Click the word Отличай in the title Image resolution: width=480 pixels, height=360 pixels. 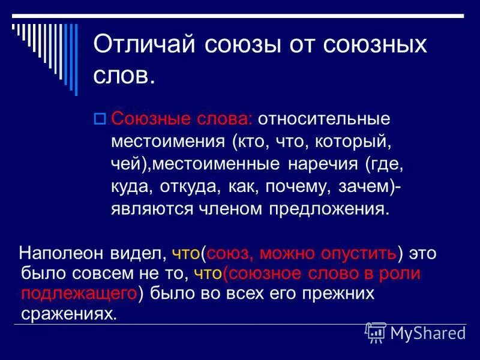coord(144,44)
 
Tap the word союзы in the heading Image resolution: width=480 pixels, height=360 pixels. coord(242,46)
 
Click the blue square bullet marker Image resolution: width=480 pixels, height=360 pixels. coord(99,119)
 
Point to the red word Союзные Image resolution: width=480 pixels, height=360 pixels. coord(151,119)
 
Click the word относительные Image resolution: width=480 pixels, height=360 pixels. coord(324,119)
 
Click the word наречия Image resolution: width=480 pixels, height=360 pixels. coord(323,164)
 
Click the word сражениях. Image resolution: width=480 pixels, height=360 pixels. coord(69,314)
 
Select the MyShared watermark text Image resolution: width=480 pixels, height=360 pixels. coord(428,334)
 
